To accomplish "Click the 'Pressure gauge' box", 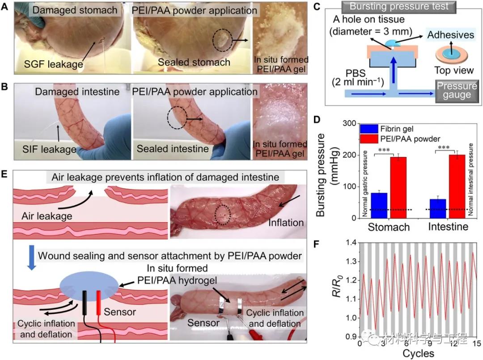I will coord(454,89).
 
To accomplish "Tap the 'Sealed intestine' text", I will coord(173,149).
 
